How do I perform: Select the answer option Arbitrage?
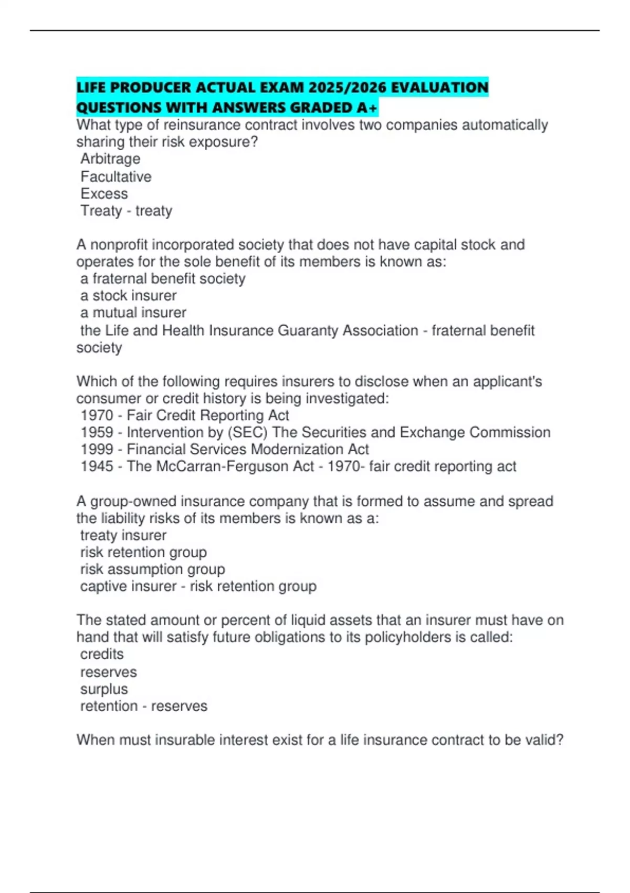click(x=110, y=159)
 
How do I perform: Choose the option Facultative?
click(x=116, y=176)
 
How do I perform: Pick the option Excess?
click(x=104, y=194)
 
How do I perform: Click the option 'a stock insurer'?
click(x=128, y=296)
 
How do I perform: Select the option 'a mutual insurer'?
click(x=133, y=313)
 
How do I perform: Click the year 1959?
click(x=97, y=432)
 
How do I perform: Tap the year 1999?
click(x=97, y=449)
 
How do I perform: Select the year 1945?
click(x=97, y=466)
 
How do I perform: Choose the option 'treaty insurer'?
click(x=123, y=535)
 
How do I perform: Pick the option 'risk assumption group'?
click(x=152, y=569)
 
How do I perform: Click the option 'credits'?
click(x=102, y=655)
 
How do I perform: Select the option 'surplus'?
click(x=104, y=689)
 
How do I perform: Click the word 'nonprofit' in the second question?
click(x=119, y=245)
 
